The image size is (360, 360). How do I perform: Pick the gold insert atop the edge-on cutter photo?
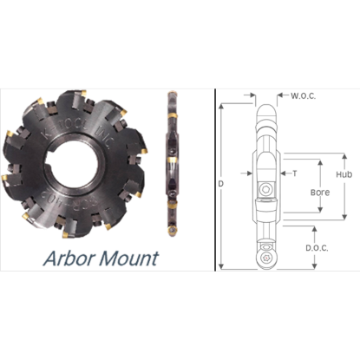coord(172,93)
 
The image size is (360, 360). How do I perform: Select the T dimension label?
coord(295,173)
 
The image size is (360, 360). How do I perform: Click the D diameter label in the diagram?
coord(224,184)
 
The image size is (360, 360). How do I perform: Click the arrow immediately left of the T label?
coord(285,173)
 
